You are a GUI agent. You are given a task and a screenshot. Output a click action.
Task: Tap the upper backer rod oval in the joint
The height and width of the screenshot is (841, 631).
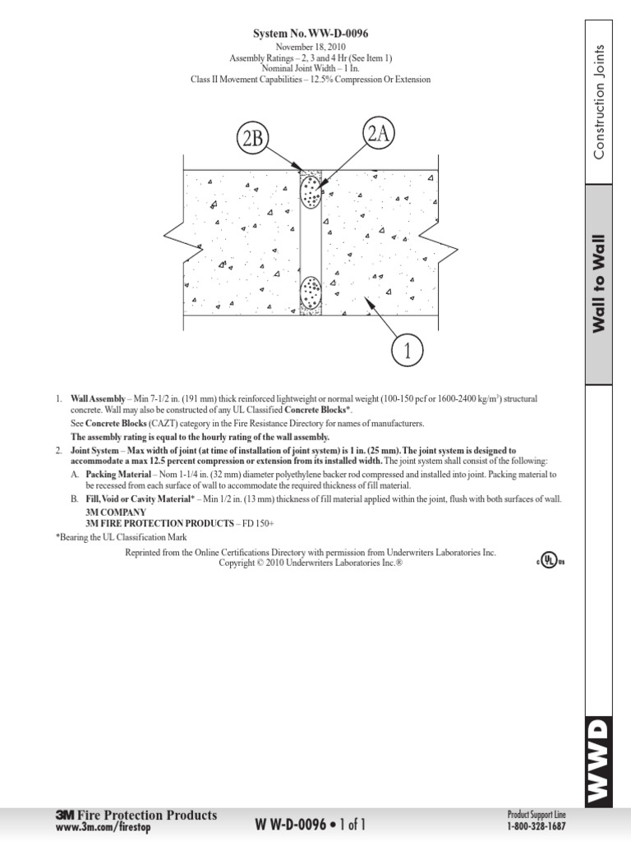311,195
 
